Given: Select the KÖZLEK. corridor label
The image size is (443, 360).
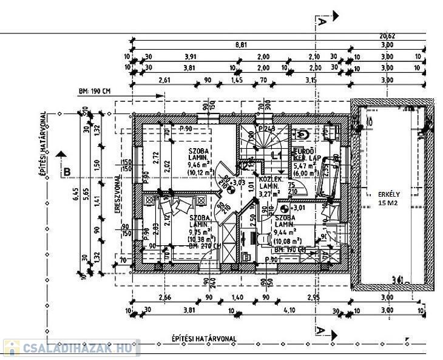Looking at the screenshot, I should click(x=270, y=180).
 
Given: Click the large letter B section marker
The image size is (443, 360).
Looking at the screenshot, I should click(x=67, y=172).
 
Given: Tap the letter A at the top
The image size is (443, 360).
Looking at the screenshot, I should click(x=321, y=21).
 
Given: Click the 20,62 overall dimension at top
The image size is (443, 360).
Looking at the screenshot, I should click(x=405, y=36).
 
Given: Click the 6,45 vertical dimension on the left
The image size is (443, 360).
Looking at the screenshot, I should click(x=75, y=194).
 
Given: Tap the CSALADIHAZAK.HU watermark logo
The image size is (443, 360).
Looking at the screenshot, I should click(x=71, y=349).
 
